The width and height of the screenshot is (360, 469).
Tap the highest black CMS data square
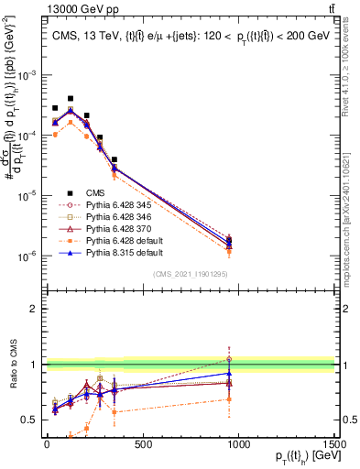point(71,98)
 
